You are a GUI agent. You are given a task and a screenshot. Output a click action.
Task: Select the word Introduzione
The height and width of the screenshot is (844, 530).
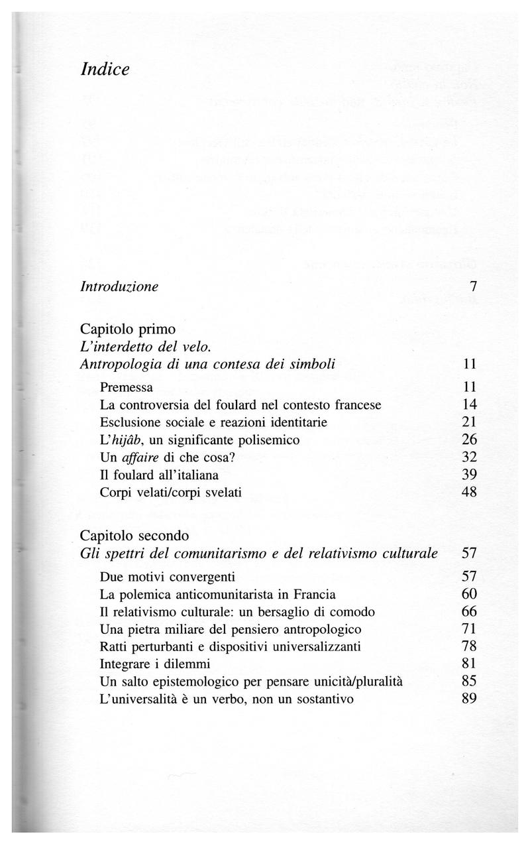click(x=119, y=287)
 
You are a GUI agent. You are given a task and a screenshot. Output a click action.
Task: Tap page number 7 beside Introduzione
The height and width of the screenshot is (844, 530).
click(x=473, y=287)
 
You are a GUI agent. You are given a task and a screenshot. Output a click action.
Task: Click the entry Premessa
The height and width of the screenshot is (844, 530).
click(x=127, y=387)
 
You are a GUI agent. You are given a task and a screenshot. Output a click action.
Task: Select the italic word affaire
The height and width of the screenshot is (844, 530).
click(x=135, y=457)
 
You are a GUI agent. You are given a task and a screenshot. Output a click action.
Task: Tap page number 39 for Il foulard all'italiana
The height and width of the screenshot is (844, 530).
click(x=470, y=475)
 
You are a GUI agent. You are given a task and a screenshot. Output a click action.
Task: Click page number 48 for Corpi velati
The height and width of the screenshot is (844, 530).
click(x=470, y=493)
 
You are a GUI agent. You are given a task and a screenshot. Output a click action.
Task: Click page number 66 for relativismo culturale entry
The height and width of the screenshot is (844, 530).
click(x=470, y=611)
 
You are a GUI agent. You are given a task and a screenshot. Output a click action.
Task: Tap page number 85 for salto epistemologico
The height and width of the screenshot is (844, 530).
click(x=470, y=682)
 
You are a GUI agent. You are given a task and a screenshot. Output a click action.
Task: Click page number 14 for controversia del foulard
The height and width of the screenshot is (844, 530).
click(x=470, y=404)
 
